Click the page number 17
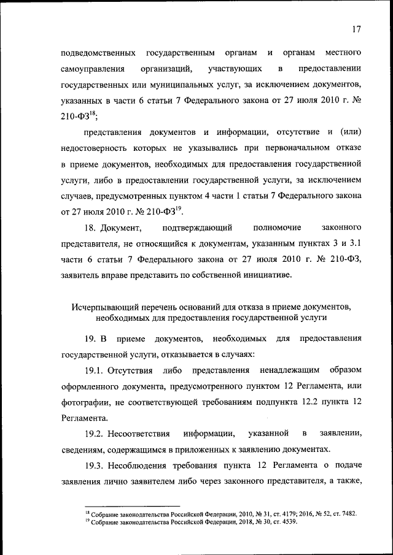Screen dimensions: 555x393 click(x=357, y=29)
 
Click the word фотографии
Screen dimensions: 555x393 click(x=85, y=402)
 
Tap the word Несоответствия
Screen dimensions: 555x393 click(x=139, y=434)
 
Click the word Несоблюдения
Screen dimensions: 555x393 click(x=141, y=465)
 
